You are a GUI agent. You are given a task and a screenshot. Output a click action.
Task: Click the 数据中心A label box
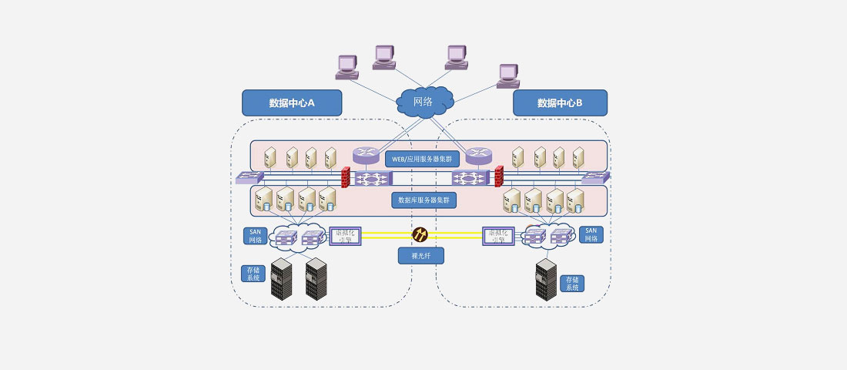point(292,103)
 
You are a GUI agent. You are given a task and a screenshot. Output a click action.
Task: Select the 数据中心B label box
point(560,103)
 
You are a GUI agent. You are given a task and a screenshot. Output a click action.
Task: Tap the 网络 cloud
point(423,103)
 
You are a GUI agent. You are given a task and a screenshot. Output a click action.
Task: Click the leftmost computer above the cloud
point(346,67)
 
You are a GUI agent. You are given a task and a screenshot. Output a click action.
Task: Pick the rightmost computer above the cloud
point(508,75)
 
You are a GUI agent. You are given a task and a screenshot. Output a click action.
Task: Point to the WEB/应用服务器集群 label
point(422,159)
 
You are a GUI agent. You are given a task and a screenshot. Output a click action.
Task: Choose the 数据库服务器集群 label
point(423,200)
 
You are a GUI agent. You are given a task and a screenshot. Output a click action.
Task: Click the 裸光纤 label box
point(421,255)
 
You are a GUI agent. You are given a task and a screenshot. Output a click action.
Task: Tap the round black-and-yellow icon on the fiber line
point(420,234)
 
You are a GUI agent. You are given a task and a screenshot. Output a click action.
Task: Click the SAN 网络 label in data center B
point(591,234)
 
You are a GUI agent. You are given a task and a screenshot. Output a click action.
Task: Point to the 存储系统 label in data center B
point(572,283)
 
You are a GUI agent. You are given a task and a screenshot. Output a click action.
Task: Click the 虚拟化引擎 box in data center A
point(345,235)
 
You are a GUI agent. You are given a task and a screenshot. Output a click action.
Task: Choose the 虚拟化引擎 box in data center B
point(498,235)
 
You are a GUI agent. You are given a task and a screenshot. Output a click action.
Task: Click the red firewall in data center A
point(346,177)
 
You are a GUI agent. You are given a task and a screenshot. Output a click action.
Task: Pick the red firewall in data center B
point(498,177)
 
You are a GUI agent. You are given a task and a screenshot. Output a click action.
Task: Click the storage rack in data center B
point(546,279)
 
